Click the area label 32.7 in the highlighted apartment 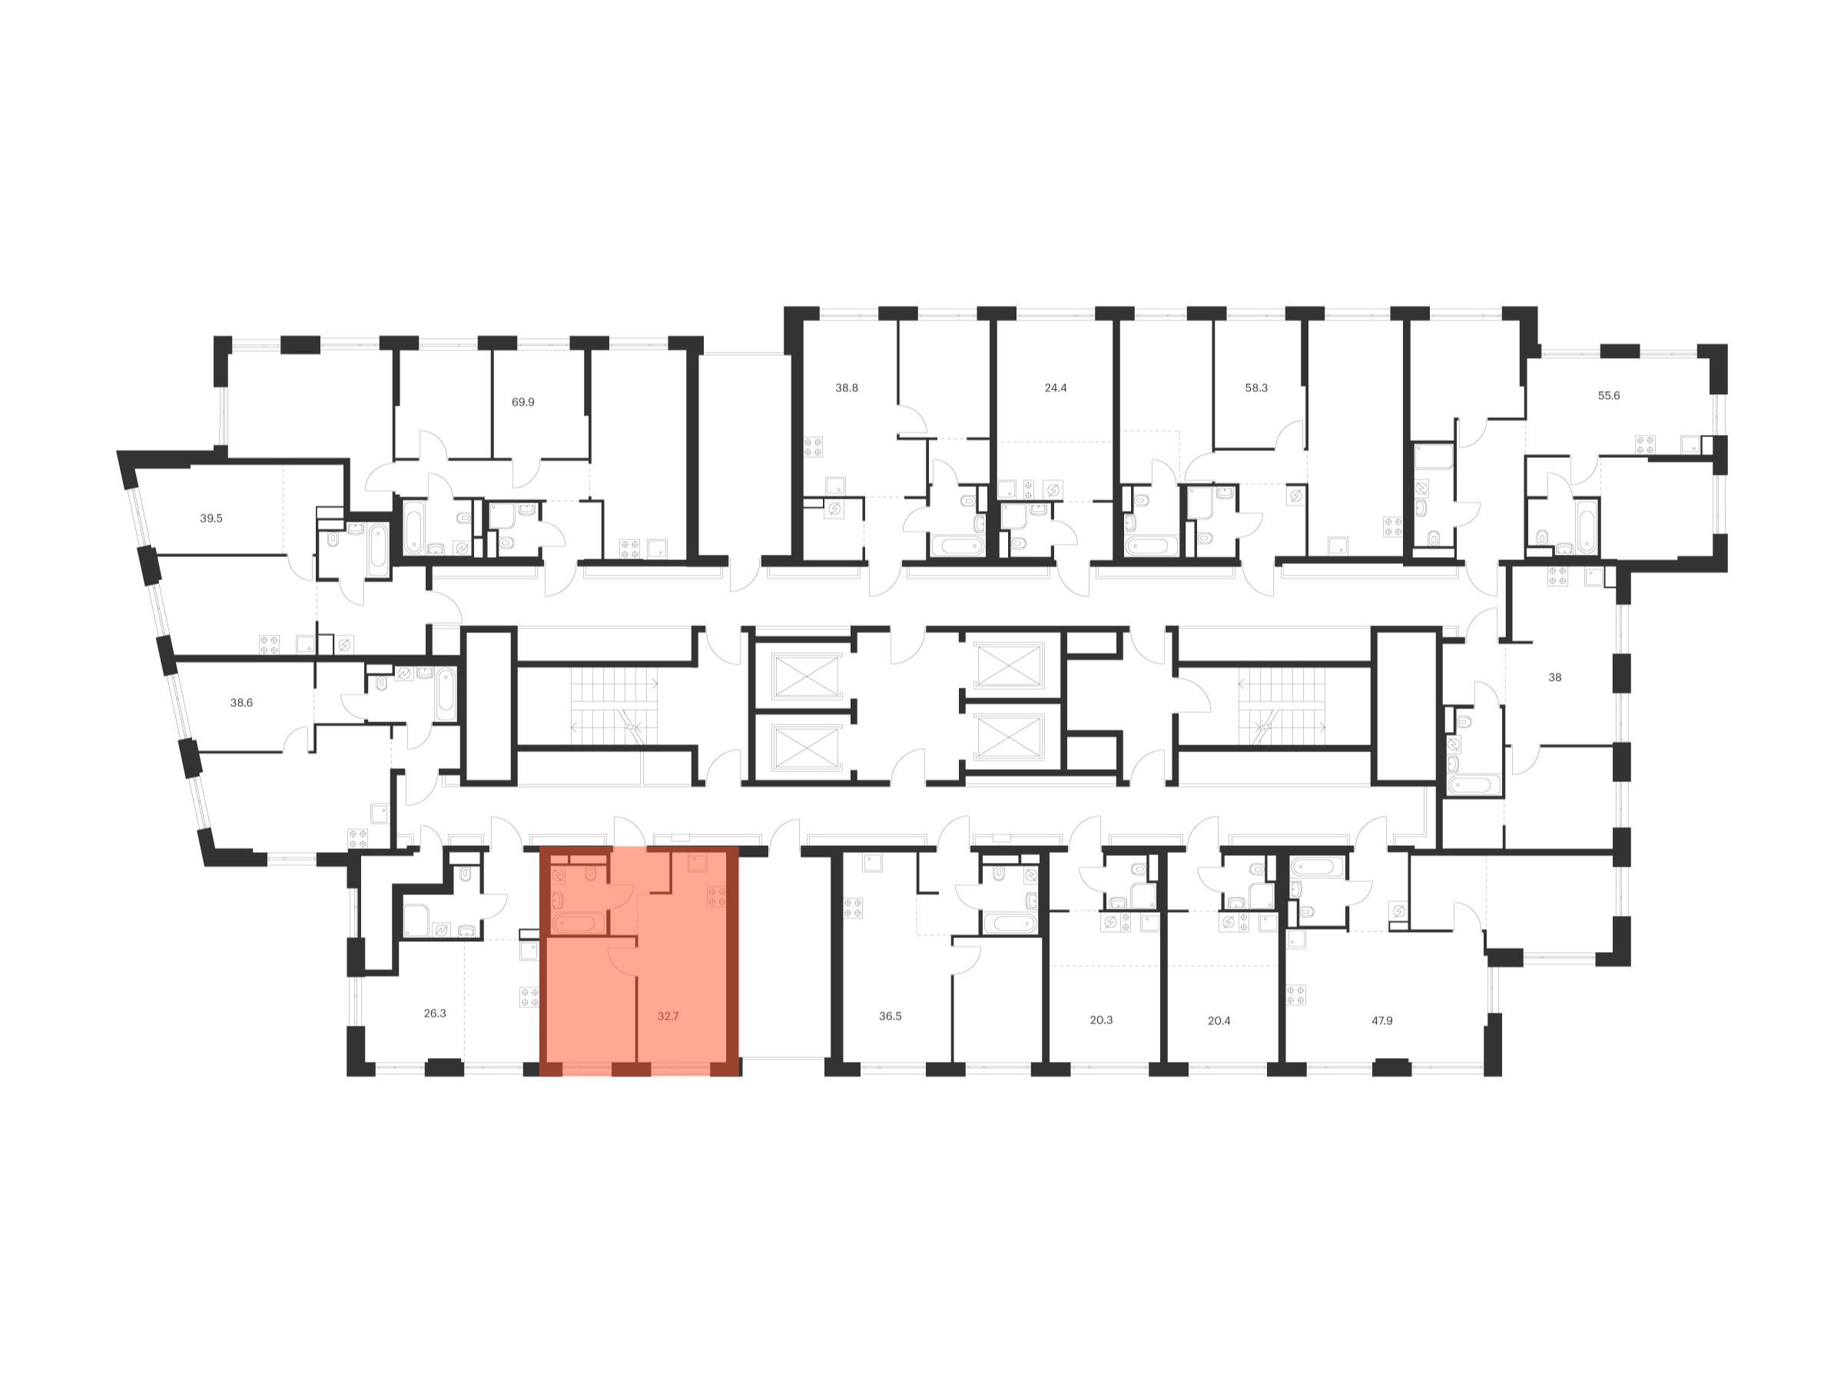click(668, 1017)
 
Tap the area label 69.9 click(522, 402)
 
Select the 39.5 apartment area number click(211, 518)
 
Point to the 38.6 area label click(241, 703)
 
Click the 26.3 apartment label click(434, 1013)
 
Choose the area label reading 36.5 click(890, 1017)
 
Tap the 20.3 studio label click(1100, 1020)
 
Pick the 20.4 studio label click(1219, 1020)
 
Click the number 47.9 click(1381, 1020)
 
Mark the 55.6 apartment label click(1608, 395)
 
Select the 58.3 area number click(1255, 388)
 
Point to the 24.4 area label click(1056, 388)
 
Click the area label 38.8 click(846, 388)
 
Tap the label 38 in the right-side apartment click(1555, 677)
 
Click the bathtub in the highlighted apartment click(578, 923)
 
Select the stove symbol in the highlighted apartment click(716, 896)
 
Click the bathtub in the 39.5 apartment click(378, 549)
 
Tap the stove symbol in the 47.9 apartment click(1295, 994)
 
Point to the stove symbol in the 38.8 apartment click(813, 447)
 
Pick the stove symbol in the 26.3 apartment click(529, 997)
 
